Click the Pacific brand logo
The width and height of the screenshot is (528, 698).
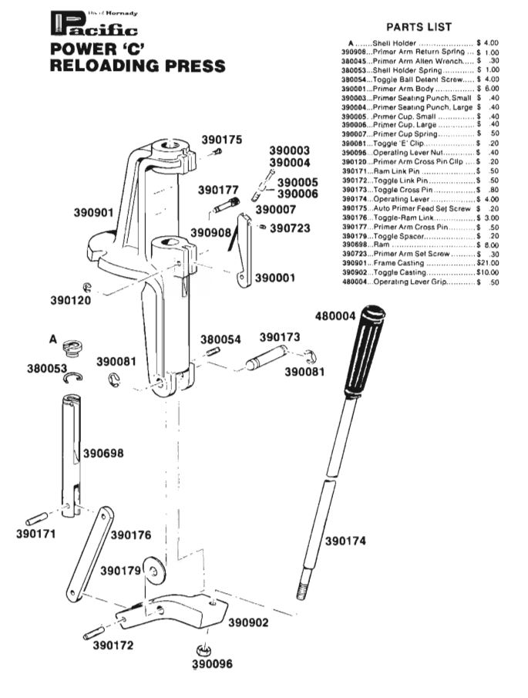(93, 25)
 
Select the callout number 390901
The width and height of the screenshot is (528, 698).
(94, 214)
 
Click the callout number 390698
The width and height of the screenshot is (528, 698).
(103, 453)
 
